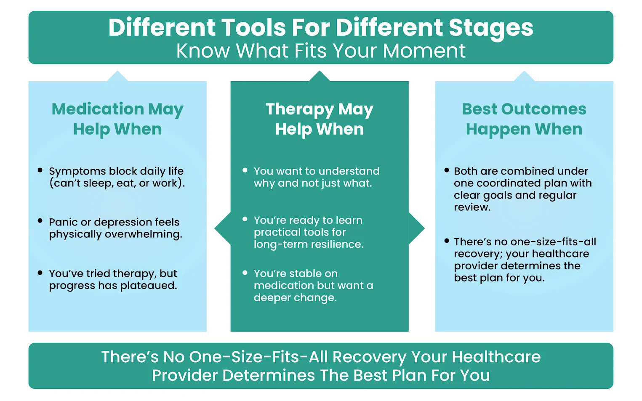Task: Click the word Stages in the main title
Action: pyautogui.click(x=490, y=28)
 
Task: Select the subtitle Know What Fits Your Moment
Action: pyautogui.click(x=321, y=51)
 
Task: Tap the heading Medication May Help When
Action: pyautogui.click(x=117, y=119)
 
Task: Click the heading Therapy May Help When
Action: pyautogui.click(x=320, y=119)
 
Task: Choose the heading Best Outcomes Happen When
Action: pyautogui.click(x=524, y=119)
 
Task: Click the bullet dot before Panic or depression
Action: pyautogui.click(x=40, y=221)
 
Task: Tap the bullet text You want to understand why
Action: pyautogui.click(x=316, y=177)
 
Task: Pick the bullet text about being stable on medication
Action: pyautogui.click(x=313, y=285)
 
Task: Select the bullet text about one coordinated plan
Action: pyautogui.click(x=522, y=189)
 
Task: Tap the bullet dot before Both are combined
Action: pyautogui.click(x=447, y=170)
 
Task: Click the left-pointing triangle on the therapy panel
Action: pyautogui.click(x=222, y=228)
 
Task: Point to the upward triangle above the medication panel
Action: pyautogui.click(x=117, y=77)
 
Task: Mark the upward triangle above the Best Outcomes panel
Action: pyautogui.click(x=524, y=77)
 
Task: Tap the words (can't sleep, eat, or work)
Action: pyautogui.click(x=117, y=183)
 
